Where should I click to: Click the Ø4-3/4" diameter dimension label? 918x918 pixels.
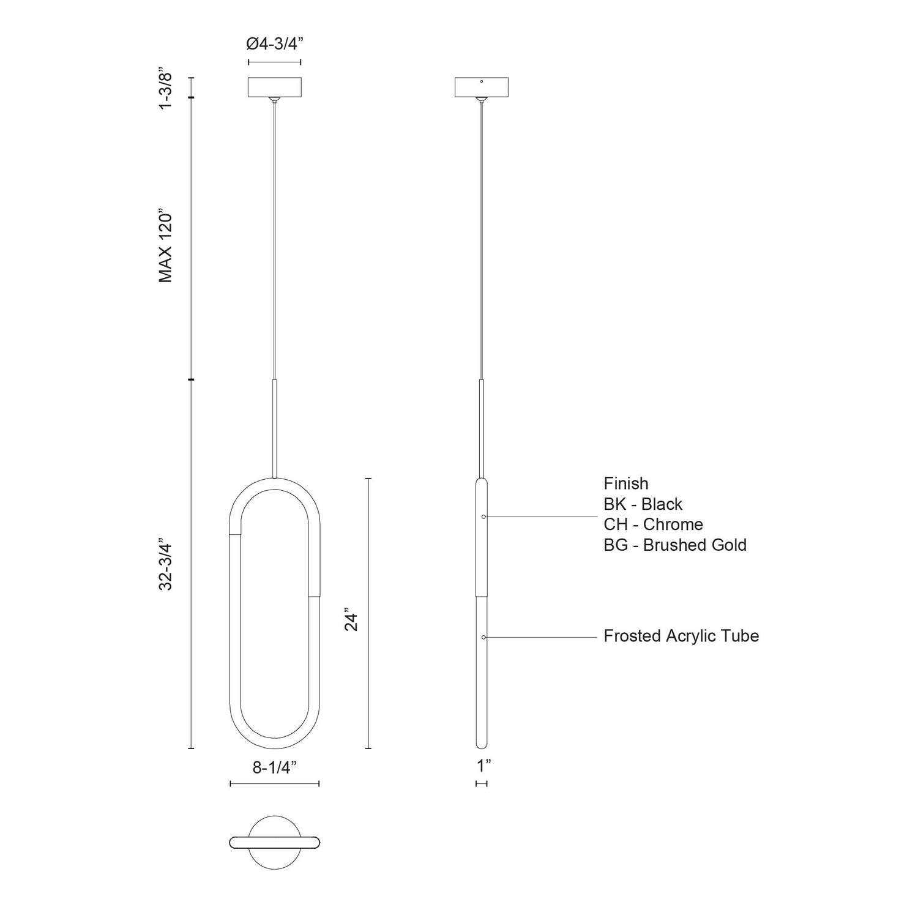click(274, 44)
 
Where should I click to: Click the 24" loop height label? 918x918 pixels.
click(350, 619)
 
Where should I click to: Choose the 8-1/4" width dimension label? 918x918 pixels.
click(274, 768)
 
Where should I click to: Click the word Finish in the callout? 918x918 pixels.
click(625, 483)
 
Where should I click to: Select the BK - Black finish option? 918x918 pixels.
click(643, 504)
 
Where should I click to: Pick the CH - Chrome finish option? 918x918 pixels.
click(653, 524)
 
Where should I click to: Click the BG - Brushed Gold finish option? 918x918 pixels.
click(674, 545)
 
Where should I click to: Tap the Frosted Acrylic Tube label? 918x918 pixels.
click(681, 636)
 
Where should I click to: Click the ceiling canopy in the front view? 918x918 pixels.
click(274, 87)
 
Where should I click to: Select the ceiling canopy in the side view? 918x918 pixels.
click(482, 87)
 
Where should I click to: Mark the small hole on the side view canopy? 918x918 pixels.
click(482, 81)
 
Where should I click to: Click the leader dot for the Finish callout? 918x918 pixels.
click(483, 517)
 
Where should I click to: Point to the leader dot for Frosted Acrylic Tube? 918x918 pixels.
click(483, 637)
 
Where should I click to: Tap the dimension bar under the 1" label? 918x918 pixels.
click(481, 783)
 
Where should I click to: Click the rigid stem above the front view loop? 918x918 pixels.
click(274, 428)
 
